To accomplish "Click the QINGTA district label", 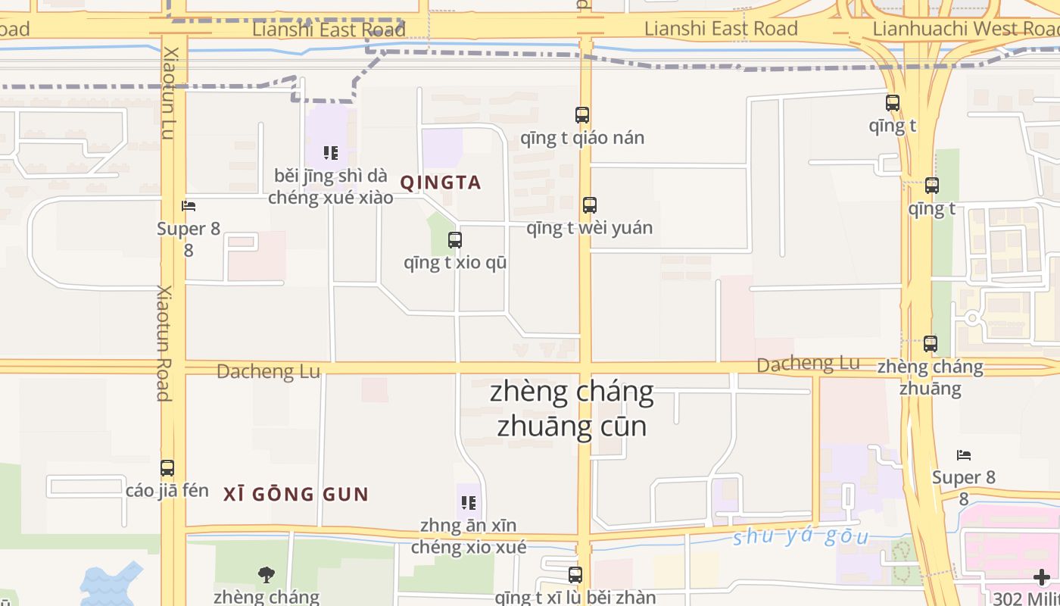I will [440, 183].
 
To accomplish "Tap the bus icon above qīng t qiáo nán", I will [581, 115].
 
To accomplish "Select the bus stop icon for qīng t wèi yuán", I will [589, 205].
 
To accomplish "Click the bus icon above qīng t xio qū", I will [454, 240].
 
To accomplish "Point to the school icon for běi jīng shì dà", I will [330, 153].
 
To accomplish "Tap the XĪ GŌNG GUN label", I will [296, 495].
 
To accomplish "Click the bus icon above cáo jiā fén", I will [167, 468].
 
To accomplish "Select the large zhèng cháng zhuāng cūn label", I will [572, 409].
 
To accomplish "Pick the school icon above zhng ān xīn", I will [468, 502].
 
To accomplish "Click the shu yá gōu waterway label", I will [800, 536].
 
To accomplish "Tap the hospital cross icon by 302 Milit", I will [1042, 577].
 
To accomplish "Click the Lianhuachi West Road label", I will [965, 29].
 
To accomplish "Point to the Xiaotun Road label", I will [164, 342].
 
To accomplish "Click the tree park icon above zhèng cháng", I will [266, 575].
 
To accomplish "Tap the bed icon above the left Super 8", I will [189, 205].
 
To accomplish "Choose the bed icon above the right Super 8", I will [963, 454].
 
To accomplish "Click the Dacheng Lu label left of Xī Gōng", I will [268, 372].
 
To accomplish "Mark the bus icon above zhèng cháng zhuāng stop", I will [930, 343].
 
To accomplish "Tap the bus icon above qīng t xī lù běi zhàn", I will [575, 575].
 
